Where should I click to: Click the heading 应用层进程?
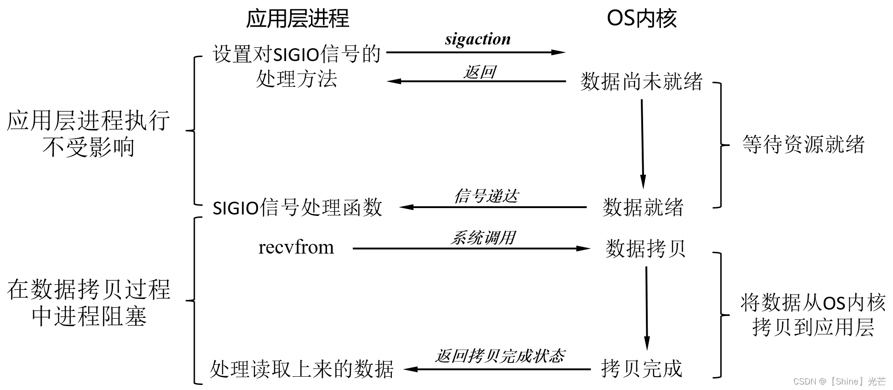click(297, 19)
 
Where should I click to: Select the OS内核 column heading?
click(641, 19)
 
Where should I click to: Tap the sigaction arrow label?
click(478, 40)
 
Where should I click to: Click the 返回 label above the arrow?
click(479, 72)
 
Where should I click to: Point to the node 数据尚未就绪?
click(641, 82)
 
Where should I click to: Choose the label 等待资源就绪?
click(803, 145)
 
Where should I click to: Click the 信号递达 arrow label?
click(486, 196)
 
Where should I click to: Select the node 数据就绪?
click(643, 207)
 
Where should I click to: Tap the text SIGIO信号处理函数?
click(297, 208)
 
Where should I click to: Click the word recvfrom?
click(296, 248)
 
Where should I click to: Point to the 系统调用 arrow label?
click(482, 238)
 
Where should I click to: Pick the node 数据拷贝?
click(645, 249)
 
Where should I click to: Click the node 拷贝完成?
click(641, 369)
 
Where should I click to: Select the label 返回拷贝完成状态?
click(500, 356)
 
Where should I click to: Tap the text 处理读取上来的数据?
click(302, 369)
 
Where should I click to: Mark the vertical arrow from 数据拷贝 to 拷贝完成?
click(647, 308)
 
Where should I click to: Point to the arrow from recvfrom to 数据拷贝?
click(471, 249)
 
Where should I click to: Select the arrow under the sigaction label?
click(475, 52)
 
